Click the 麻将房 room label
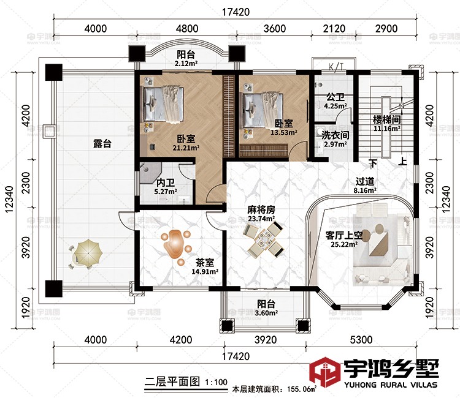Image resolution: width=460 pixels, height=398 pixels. tap(262, 209)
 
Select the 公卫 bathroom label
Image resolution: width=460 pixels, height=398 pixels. tap(334, 97)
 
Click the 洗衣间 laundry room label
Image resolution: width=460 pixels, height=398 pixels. tap(336, 135)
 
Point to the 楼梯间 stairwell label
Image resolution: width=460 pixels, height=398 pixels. tap(386, 119)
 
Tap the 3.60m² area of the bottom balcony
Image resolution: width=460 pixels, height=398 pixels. tap(266, 314)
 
